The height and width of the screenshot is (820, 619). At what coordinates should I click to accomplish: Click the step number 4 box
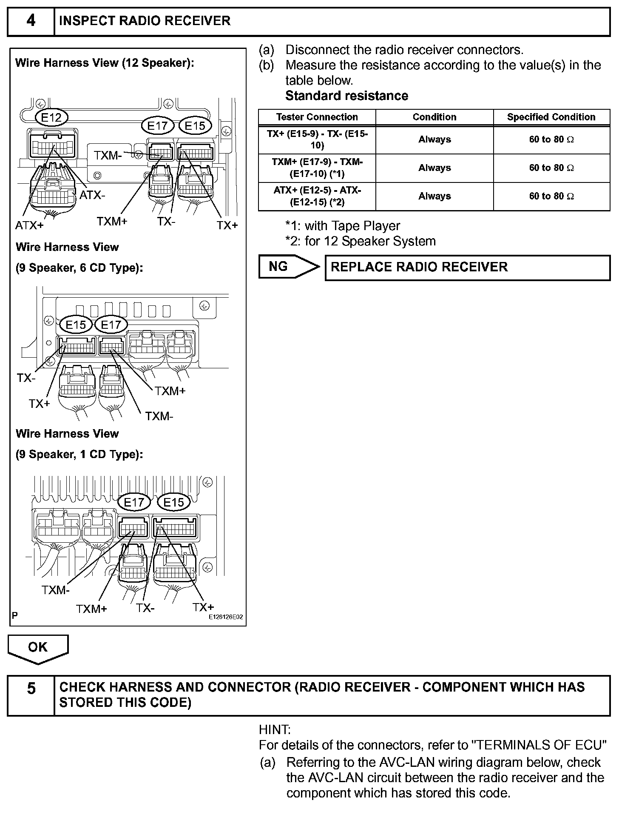click(31, 21)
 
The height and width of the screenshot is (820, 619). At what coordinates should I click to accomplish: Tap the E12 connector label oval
click(51, 117)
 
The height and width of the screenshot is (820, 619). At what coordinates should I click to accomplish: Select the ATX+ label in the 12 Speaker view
click(29, 225)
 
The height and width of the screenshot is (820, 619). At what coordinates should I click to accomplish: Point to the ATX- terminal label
click(92, 195)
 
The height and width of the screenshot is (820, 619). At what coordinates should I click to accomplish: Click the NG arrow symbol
click(289, 267)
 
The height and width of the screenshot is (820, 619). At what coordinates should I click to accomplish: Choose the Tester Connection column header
click(317, 117)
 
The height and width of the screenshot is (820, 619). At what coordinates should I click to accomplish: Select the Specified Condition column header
click(551, 117)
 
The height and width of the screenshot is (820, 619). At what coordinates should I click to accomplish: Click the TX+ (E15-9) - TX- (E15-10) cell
click(317, 140)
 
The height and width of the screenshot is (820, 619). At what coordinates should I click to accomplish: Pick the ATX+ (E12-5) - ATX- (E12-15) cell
click(317, 196)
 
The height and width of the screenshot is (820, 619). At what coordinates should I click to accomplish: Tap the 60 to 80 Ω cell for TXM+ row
click(551, 168)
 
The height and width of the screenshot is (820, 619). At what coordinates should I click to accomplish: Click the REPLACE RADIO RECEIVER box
click(467, 267)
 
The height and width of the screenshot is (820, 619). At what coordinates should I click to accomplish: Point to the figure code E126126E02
click(225, 617)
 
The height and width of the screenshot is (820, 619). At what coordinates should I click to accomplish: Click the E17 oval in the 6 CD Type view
click(111, 325)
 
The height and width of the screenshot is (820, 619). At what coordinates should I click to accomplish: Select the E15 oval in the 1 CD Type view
click(173, 502)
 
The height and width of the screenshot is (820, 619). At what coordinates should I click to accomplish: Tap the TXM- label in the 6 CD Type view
click(159, 416)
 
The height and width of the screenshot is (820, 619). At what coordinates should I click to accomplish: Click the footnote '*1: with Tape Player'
click(343, 226)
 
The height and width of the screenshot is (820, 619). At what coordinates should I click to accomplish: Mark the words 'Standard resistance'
click(346, 96)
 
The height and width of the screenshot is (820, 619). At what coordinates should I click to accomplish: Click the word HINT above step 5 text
click(275, 730)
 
